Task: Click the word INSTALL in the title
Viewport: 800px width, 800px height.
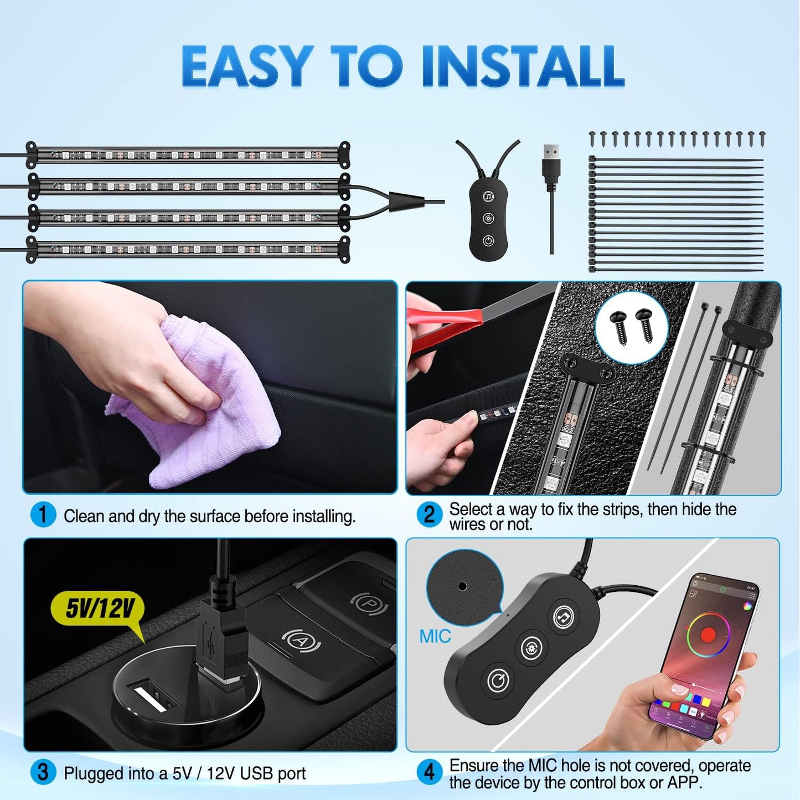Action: [523, 66]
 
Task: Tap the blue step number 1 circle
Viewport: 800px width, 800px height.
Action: [43, 515]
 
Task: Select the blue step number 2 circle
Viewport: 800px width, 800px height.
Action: [429, 514]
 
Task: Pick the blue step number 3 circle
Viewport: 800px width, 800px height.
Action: [43, 772]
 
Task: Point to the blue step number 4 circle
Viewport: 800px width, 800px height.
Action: [429, 772]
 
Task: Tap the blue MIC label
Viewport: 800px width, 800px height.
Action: [435, 637]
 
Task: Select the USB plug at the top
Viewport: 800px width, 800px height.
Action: [551, 161]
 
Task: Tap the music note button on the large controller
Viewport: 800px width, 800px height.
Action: [564, 616]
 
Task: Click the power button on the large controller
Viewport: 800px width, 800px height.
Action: [497, 681]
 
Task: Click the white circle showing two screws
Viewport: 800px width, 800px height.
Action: [631, 327]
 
